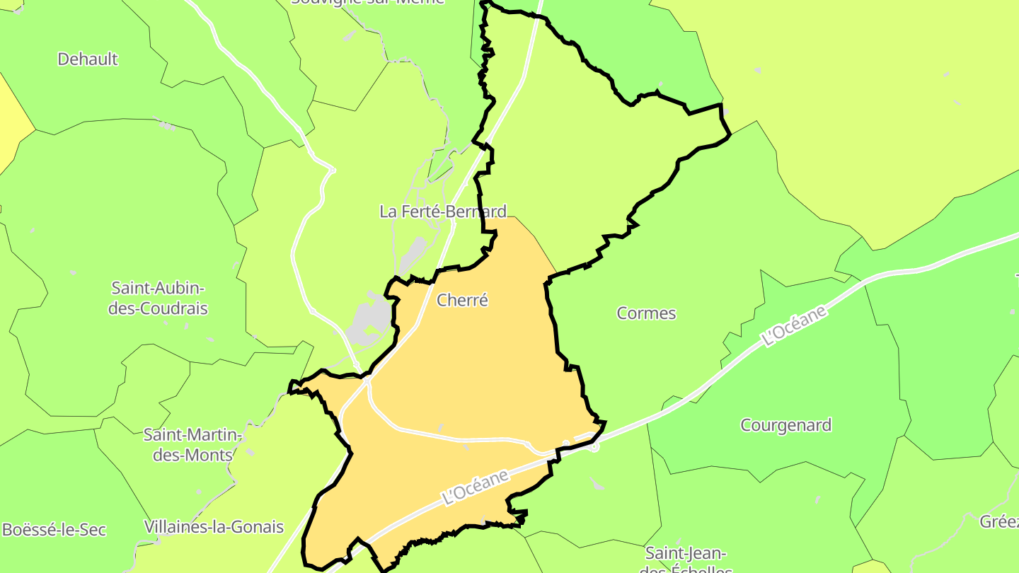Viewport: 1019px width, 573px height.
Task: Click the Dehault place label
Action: tap(88, 59)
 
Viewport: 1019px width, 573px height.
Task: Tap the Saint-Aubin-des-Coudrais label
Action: tap(159, 298)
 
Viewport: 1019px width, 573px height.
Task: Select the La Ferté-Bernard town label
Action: tap(443, 212)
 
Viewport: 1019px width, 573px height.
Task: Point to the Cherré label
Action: tap(463, 300)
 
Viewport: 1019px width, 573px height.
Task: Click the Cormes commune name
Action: tap(646, 313)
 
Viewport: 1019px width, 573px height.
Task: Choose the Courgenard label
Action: tap(785, 425)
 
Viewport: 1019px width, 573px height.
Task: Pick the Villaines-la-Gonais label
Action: tap(214, 527)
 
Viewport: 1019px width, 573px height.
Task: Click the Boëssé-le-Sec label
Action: tap(54, 530)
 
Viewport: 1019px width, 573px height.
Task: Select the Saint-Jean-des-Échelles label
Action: tap(685, 560)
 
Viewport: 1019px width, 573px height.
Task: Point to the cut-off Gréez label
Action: tap(999, 522)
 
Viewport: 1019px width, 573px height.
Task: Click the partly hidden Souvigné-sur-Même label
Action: tap(368, 2)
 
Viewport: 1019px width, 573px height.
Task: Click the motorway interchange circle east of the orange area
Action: tap(594, 446)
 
